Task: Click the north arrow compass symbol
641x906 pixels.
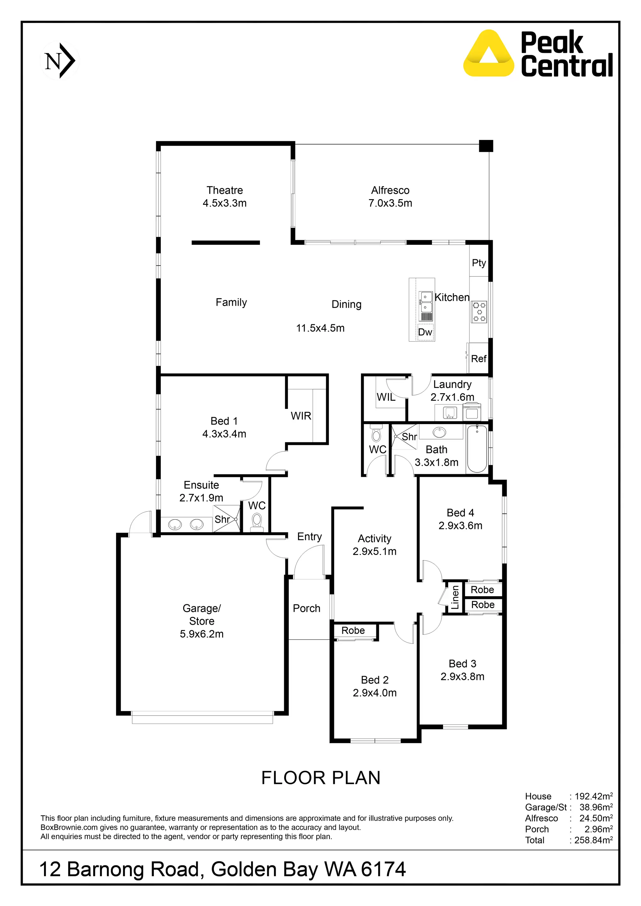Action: [60, 61]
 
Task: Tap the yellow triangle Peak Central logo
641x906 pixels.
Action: [489, 54]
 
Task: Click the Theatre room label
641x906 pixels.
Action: [225, 190]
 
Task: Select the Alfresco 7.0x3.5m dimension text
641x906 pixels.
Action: [390, 203]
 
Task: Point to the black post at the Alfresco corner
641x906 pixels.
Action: [486, 146]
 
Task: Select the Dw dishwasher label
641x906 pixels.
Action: [425, 332]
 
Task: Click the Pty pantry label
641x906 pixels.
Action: [479, 263]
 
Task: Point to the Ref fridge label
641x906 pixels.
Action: [479, 359]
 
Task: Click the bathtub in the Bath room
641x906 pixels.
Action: [477, 449]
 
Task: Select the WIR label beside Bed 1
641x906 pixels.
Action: [301, 416]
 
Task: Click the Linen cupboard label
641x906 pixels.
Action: [455, 597]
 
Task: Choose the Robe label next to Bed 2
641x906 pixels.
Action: [353, 630]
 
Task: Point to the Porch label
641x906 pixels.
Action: [306, 608]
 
